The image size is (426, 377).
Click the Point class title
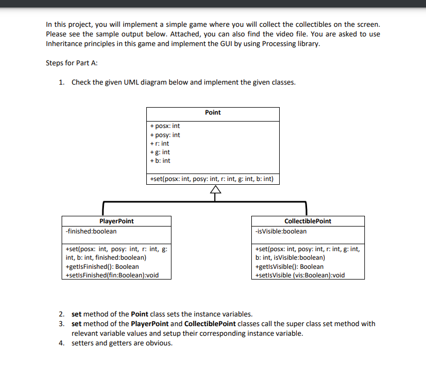coord(213,112)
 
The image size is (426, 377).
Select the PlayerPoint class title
coord(117,221)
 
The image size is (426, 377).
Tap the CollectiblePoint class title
coord(308,221)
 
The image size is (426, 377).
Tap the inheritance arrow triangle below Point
coord(215,190)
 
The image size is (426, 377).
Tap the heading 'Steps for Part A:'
coord(72,63)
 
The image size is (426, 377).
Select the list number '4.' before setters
coord(62,343)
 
